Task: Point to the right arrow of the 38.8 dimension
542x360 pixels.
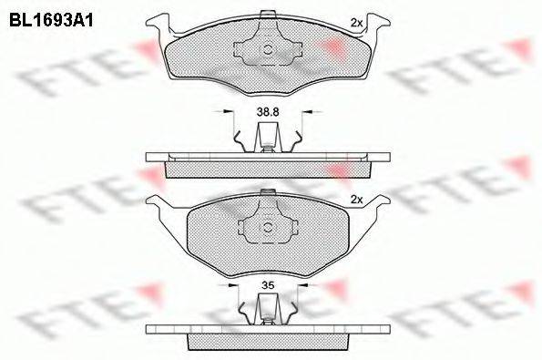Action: (308, 112)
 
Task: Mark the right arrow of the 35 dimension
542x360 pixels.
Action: (304, 285)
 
